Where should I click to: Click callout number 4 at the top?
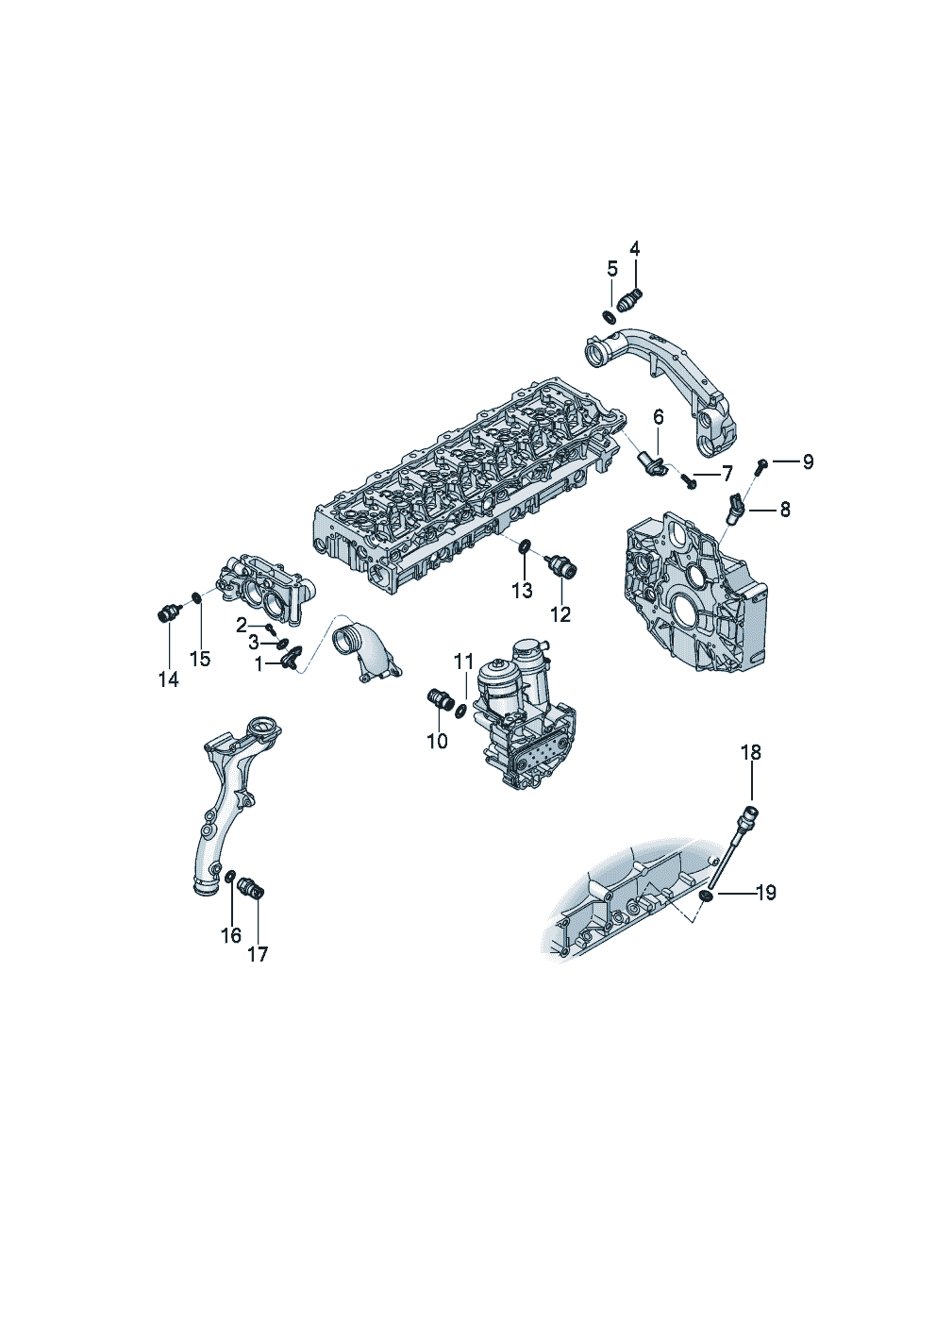(x=634, y=249)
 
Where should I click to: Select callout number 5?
(x=612, y=269)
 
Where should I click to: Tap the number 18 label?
(x=751, y=752)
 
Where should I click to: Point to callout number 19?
(x=766, y=909)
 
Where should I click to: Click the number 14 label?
(x=168, y=680)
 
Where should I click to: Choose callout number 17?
(x=258, y=954)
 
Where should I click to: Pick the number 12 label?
(x=560, y=614)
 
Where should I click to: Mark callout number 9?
(x=807, y=461)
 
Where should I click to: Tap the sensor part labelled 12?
(x=562, y=565)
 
